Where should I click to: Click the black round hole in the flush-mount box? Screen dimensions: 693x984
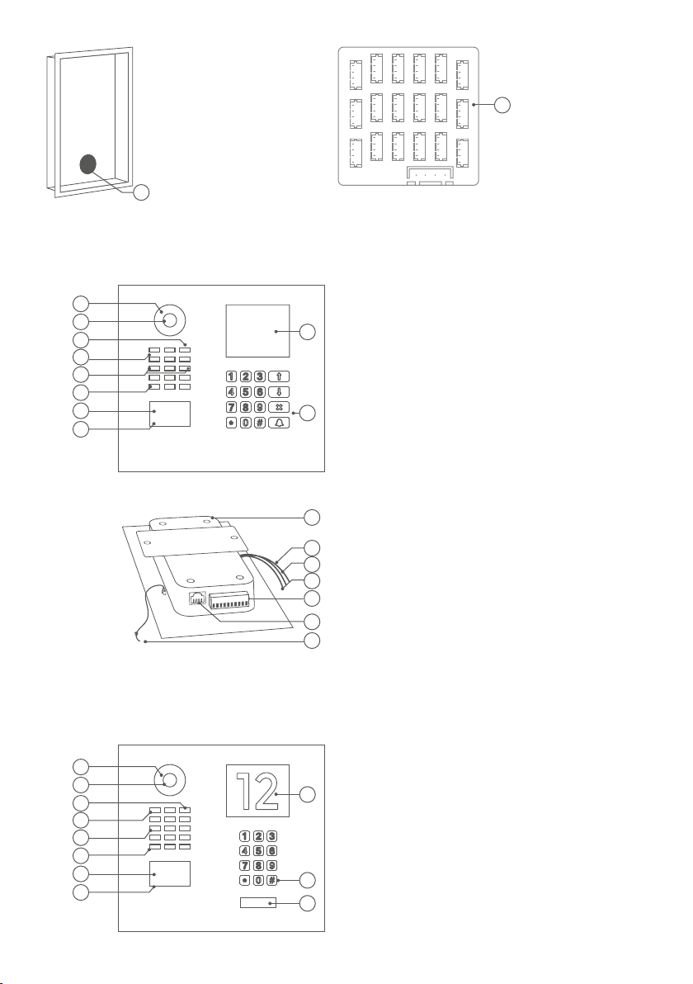click(x=88, y=164)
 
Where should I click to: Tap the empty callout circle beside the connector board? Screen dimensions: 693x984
click(x=502, y=106)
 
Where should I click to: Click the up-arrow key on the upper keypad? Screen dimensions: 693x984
click(x=279, y=376)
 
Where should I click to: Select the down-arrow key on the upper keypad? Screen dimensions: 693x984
click(x=279, y=392)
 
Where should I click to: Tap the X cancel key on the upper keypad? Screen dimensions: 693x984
click(x=279, y=407)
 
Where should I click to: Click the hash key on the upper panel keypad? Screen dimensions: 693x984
click(x=260, y=423)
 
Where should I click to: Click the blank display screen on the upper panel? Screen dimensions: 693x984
click(x=257, y=331)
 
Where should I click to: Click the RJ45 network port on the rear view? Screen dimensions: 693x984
click(x=198, y=598)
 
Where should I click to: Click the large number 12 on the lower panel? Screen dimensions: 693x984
click(x=257, y=791)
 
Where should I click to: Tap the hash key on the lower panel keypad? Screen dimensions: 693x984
click(x=271, y=881)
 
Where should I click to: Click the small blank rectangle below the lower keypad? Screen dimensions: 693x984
click(x=257, y=903)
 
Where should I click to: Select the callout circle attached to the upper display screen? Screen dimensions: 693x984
click(x=307, y=331)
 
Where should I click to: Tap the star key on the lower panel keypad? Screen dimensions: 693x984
click(x=244, y=881)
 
